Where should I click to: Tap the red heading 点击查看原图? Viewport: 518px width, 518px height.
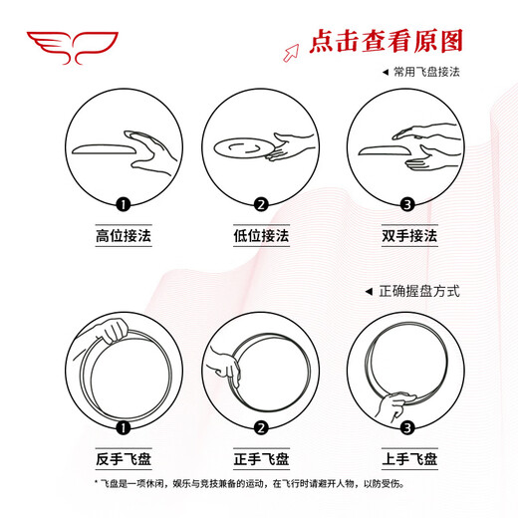pos(388,42)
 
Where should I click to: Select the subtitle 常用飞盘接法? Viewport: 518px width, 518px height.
pos(425,73)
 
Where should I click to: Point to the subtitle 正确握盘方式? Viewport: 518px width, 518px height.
pos(418,291)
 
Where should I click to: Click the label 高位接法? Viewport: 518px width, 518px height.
pos(124,237)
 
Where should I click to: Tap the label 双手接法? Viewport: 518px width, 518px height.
pos(396,237)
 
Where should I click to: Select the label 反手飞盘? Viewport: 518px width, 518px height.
pos(124,459)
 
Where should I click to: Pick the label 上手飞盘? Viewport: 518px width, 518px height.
pos(396,459)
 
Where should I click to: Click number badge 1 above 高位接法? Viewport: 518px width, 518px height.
pos(124,205)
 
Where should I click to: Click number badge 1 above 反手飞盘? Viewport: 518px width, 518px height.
pos(124,428)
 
